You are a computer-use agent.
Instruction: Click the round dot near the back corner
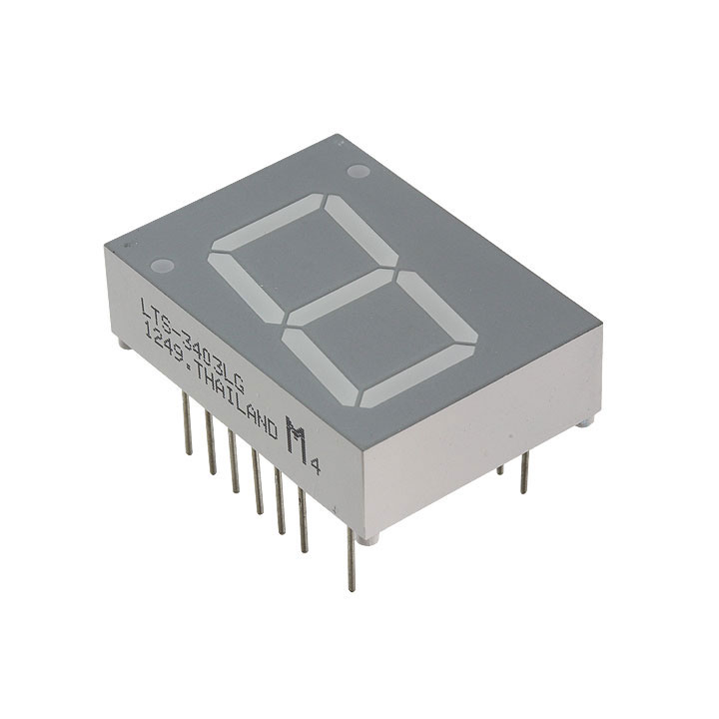click(359, 171)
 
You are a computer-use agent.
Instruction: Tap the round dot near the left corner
click(160, 267)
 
